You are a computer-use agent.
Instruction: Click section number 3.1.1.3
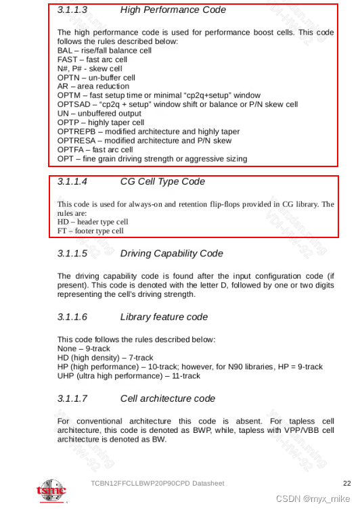pyautogui.click(x=72, y=10)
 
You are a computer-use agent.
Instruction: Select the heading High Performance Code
pyautogui.click(x=173, y=10)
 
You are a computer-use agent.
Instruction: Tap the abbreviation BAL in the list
pyautogui.click(x=64, y=51)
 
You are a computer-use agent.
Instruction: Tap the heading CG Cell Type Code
pyautogui.click(x=162, y=182)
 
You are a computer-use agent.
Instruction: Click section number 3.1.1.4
pyautogui.click(x=72, y=182)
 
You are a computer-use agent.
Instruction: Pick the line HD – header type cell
pyautogui.click(x=93, y=222)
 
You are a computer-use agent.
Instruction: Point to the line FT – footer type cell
pyautogui.click(x=91, y=231)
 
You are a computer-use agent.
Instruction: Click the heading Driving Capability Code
pyautogui.click(x=171, y=254)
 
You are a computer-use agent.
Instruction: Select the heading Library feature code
pyautogui.click(x=164, y=317)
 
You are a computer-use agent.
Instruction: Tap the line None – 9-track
pyautogui.click(x=86, y=348)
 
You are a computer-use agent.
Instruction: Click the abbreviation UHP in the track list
pyautogui.click(x=66, y=375)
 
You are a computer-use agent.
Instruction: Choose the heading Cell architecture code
pyautogui.click(x=167, y=398)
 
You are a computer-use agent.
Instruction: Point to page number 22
pyautogui.click(x=347, y=483)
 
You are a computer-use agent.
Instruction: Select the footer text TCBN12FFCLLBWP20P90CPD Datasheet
pyautogui.click(x=157, y=483)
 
